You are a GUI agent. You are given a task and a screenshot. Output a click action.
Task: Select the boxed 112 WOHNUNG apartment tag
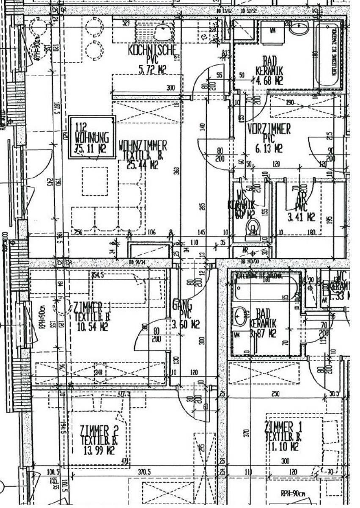tap(92, 137)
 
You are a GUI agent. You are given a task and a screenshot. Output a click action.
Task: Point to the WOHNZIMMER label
tap(143, 146)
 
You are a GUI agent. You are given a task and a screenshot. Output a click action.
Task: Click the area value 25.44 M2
tap(143, 165)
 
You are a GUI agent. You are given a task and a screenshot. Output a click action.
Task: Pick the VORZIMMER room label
tap(269, 129)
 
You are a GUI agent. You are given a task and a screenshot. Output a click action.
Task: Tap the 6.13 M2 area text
tap(269, 148)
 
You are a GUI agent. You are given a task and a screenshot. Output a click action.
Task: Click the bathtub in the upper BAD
tap(328, 55)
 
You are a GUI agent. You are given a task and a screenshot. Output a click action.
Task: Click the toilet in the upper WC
tap(253, 229)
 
